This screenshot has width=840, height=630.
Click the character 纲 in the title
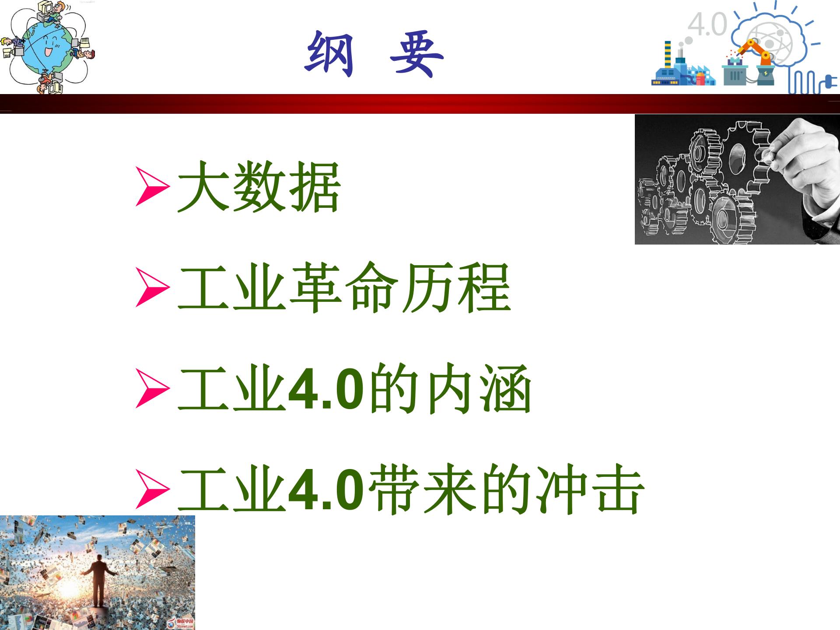pos(329,54)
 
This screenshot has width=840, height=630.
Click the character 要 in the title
pos(416,54)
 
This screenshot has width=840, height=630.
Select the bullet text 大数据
pos(259,187)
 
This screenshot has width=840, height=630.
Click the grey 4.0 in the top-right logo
pos(707,24)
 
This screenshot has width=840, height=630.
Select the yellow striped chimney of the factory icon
pos(668,54)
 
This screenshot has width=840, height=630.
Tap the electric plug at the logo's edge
pos(829,82)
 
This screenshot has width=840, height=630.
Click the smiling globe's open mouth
pos(48,52)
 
